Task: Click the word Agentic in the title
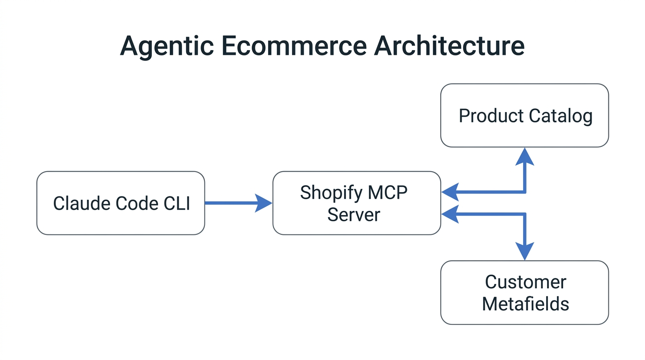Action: point(166,46)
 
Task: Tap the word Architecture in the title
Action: point(449,46)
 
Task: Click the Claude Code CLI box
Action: point(120,203)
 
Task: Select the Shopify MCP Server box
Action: point(356,203)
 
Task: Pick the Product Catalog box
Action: point(525,115)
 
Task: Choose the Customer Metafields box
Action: point(525,292)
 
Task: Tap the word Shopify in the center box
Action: point(331,193)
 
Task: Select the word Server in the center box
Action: point(353,215)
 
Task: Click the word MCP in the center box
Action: point(388,193)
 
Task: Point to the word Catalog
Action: point(561,116)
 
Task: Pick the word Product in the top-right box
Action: point(491,116)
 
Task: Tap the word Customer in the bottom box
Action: point(525,282)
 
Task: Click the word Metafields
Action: point(525,304)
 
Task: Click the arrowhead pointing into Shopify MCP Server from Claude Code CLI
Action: point(263,203)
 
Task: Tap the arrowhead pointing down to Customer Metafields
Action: point(525,251)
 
